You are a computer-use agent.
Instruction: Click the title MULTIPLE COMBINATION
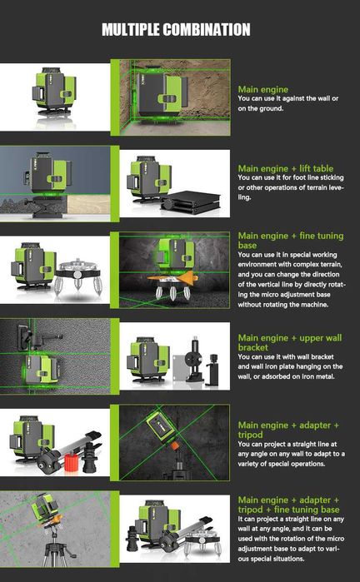point(176,30)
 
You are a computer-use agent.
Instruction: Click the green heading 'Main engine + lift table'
point(286,168)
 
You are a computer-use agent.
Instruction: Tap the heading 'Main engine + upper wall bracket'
point(290,342)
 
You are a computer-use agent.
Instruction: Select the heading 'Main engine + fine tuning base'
point(291,241)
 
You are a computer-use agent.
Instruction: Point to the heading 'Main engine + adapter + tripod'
point(288,430)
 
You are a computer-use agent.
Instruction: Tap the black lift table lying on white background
point(191,202)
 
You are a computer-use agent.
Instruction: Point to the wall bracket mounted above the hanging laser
point(34,336)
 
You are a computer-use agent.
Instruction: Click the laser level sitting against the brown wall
point(160,97)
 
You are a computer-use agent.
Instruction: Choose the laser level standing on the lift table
point(48,172)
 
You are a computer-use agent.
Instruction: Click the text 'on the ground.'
point(261,108)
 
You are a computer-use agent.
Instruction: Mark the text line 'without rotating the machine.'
point(282,305)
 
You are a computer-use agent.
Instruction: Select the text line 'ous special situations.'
point(271,558)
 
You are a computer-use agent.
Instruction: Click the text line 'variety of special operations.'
point(281,463)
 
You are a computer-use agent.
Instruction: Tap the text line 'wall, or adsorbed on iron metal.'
point(287,376)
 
